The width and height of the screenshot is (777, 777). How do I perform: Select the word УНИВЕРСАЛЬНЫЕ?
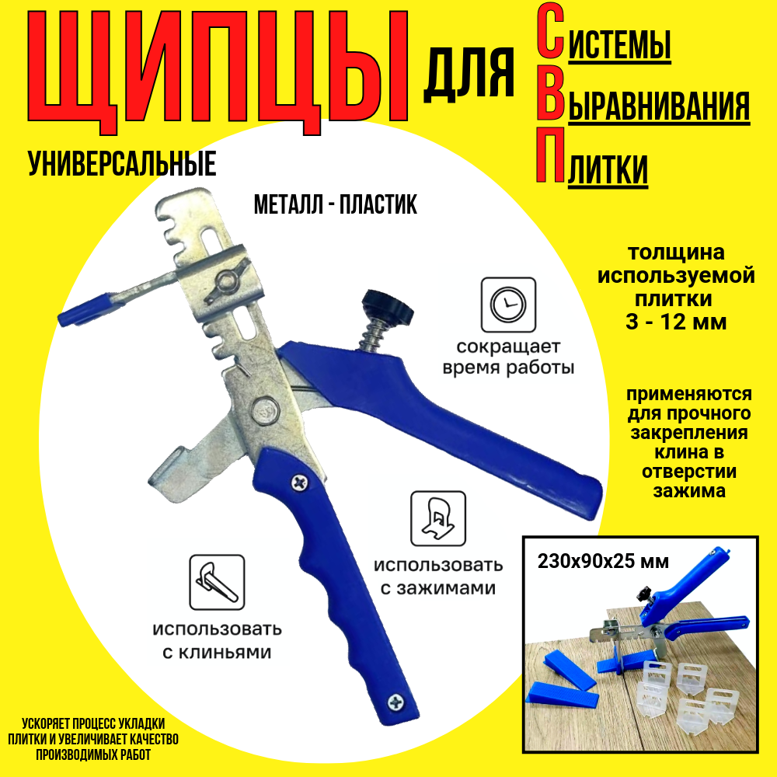(x=122, y=164)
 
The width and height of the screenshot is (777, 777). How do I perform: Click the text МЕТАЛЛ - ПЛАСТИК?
(x=335, y=205)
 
